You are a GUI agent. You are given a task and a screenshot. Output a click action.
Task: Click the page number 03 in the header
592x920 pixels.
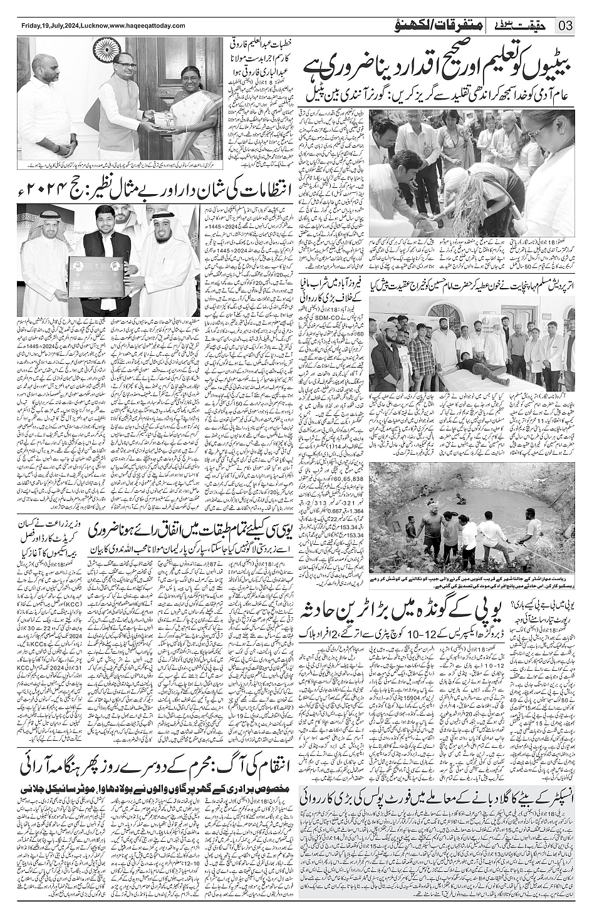565,25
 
